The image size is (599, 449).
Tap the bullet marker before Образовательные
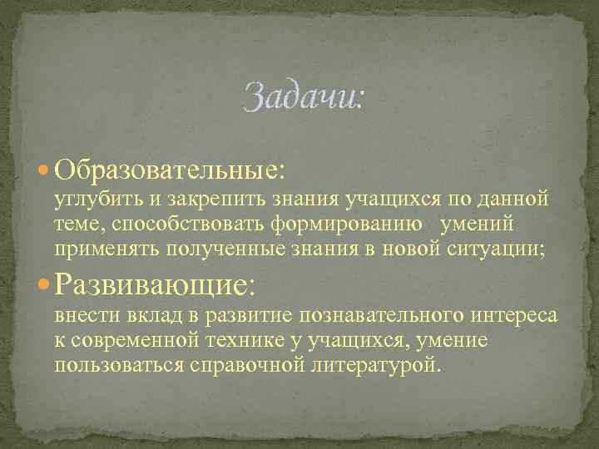click(x=44, y=170)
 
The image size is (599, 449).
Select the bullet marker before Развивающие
click(x=44, y=285)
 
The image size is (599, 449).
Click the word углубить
click(x=94, y=200)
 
